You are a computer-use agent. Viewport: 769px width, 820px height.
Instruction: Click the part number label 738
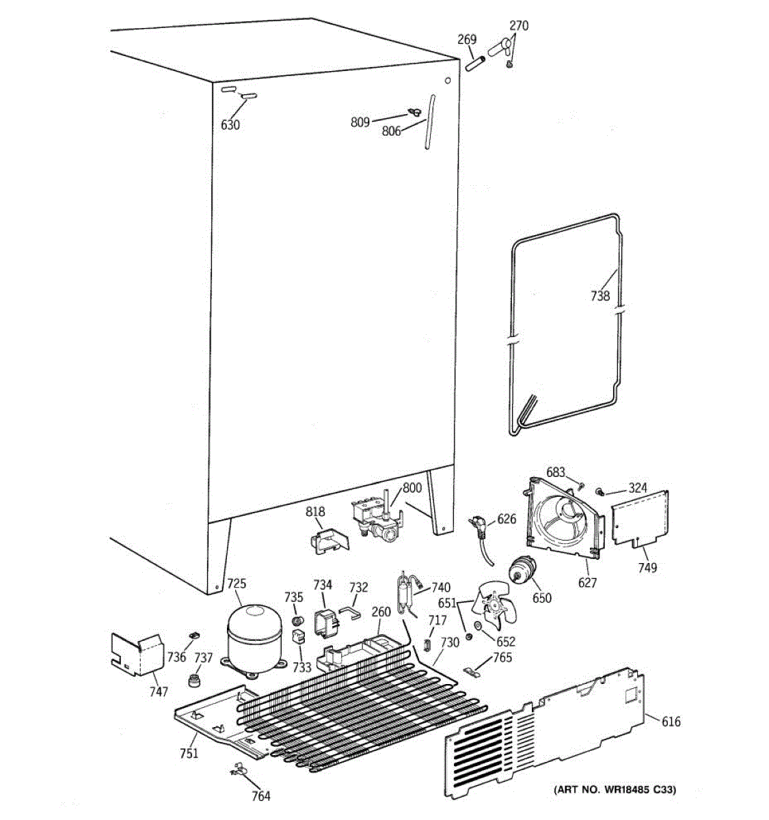[x=600, y=296]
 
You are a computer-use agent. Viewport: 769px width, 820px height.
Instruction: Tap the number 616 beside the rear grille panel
[x=671, y=722]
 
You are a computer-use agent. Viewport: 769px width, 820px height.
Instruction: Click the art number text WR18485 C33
[x=615, y=790]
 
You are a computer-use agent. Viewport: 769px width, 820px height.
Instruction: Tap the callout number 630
[x=230, y=125]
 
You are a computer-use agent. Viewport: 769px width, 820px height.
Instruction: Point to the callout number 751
[x=189, y=753]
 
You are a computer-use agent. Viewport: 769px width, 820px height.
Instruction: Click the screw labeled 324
[x=600, y=491]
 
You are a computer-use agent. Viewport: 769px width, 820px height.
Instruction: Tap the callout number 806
[x=391, y=131]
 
